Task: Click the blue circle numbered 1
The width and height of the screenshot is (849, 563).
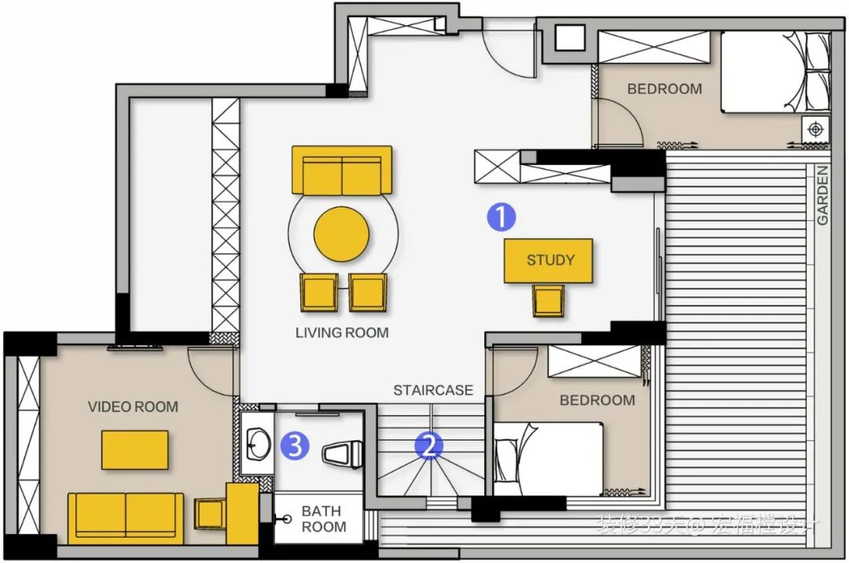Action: pyautogui.click(x=502, y=216)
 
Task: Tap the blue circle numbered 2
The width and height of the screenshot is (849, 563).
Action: pyautogui.click(x=429, y=447)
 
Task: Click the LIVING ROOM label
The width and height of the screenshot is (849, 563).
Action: pyautogui.click(x=342, y=333)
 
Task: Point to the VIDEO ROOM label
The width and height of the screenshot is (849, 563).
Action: pyautogui.click(x=133, y=407)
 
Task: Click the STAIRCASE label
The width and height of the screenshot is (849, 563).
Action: pyautogui.click(x=433, y=390)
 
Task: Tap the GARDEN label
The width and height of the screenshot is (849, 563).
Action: pyautogui.click(x=822, y=195)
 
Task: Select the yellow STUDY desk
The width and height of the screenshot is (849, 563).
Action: pyautogui.click(x=549, y=260)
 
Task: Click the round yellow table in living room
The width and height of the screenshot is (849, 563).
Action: pyautogui.click(x=341, y=233)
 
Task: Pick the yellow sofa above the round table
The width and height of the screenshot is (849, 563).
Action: pyautogui.click(x=342, y=170)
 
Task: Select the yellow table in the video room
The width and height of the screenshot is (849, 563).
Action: pyautogui.click(x=134, y=450)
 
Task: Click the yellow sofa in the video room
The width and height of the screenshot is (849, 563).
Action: pyautogui.click(x=126, y=517)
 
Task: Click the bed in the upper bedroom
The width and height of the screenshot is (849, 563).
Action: pyautogui.click(x=774, y=72)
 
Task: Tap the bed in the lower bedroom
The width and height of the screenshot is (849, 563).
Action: pyautogui.click(x=549, y=458)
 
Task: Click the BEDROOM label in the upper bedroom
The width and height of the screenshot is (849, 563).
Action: pyautogui.click(x=664, y=89)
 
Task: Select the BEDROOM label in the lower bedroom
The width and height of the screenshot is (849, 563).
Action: pyautogui.click(x=597, y=400)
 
